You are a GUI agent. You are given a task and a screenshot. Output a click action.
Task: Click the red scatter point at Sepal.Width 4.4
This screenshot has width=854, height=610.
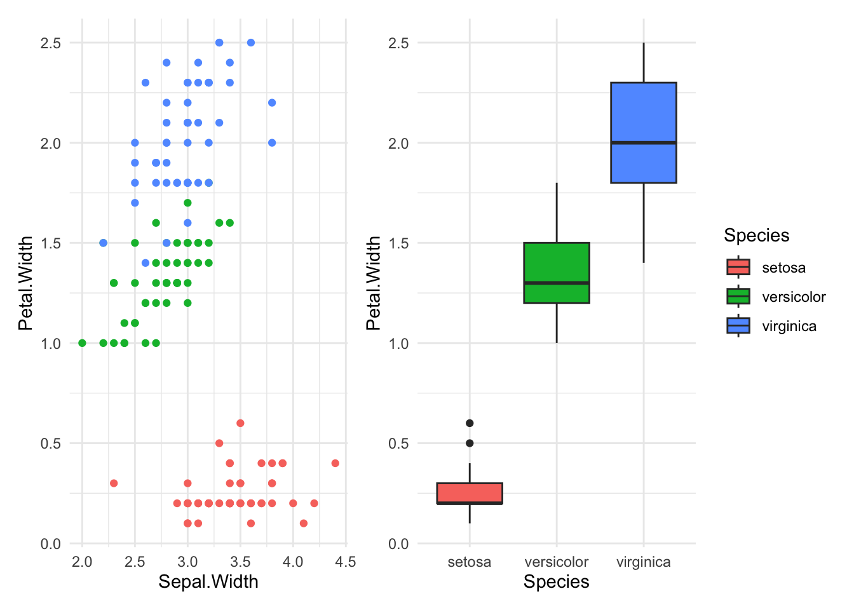(x=335, y=463)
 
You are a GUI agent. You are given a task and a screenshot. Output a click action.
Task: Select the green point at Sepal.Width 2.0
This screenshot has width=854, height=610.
(x=82, y=343)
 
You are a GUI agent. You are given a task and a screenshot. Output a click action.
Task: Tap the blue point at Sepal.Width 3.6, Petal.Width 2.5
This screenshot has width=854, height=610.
(x=251, y=43)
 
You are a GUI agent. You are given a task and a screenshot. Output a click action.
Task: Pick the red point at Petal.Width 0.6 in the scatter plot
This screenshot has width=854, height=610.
(x=240, y=423)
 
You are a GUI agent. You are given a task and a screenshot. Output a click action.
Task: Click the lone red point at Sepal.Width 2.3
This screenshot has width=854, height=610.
(x=114, y=483)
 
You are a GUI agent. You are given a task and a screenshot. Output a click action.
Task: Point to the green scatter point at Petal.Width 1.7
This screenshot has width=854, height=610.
(x=187, y=203)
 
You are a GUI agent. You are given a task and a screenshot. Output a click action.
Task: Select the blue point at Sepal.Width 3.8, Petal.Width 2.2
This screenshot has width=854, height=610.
(x=272, y=102)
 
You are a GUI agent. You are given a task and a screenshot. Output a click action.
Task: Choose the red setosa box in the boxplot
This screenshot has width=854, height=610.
(x=470, y=492)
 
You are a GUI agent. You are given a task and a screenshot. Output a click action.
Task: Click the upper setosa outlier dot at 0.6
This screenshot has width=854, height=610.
(x=470, y=423)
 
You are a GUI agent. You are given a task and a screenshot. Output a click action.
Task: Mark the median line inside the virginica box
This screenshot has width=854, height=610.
(x=643, y=142)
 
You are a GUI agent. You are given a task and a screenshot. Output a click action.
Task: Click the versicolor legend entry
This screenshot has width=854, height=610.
(x=794, y=297)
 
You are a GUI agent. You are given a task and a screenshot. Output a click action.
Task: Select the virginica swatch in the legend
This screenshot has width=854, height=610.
(x=738, y=326)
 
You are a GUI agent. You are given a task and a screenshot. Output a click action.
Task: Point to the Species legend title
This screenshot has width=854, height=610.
(x=756, y=235)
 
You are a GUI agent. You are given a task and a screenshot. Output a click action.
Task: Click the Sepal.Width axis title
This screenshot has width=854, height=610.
(x=208, y=581)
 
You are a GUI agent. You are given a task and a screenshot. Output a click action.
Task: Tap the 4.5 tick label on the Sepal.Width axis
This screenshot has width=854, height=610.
(x=346, y=562)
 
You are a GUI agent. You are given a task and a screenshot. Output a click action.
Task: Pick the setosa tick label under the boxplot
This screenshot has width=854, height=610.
(x=470, y=562)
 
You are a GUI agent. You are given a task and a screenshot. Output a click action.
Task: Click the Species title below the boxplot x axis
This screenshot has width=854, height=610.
(x=557, y=581)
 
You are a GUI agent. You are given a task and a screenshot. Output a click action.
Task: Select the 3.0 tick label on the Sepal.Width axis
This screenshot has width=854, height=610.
(x=187, y=562)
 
